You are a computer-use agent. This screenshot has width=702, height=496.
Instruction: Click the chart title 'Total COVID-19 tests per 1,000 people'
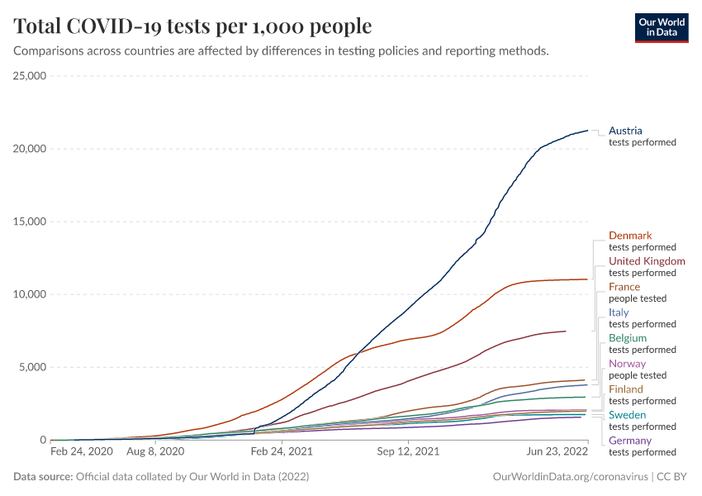pyautogui.click(x=192, y=26)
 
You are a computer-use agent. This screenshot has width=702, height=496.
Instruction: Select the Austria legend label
pyautogui.click(x=625, y=131)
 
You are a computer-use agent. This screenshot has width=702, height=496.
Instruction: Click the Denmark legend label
pyautogui.click(x=630, y=236)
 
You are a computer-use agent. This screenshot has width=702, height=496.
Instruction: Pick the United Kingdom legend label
pyautogui.click(x=647, y=261)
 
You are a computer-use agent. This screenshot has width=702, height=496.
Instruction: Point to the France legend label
pyautogui.click(x=624, y=287)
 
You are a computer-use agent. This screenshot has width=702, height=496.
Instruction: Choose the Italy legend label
pyautogui.click(x=619, y=312)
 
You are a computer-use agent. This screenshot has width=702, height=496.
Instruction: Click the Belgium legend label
pyautogui.click(x=628, y=338)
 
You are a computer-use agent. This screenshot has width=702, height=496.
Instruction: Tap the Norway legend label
pyautogui.click(x=627, y=364)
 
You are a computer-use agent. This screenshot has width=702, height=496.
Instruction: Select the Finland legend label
pyautogui.click(x=625, y=389)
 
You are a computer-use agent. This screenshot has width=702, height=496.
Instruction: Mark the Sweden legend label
pyautogui.click(x=627, y=415)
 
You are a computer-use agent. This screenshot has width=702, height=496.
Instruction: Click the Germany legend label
pyautogui.click(x=629, y=441)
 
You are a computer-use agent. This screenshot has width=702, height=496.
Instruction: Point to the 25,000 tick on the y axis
pyautogui.click(x=30, y=76)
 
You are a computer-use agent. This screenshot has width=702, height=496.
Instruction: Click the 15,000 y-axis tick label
pyautogui.click(x=30, y=222)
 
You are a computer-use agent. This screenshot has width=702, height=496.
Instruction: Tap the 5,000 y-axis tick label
pyautogui.click(x=33, y=367)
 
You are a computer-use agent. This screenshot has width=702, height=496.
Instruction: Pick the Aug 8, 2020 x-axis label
pyautogui.click(x=156, y=452)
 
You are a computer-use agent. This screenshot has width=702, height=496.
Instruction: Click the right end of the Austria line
pyautogui.click(x=587, y=131)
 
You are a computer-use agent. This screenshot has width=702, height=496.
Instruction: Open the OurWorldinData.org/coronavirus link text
pyautogui.click(x=569, y=477)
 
